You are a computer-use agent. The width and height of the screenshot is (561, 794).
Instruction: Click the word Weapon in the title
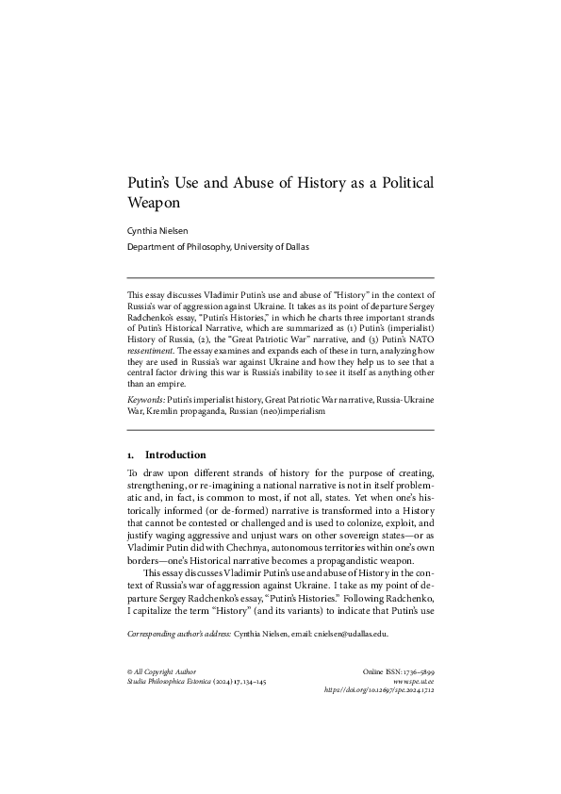154,202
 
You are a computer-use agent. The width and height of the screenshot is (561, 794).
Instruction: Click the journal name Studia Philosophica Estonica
170,681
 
